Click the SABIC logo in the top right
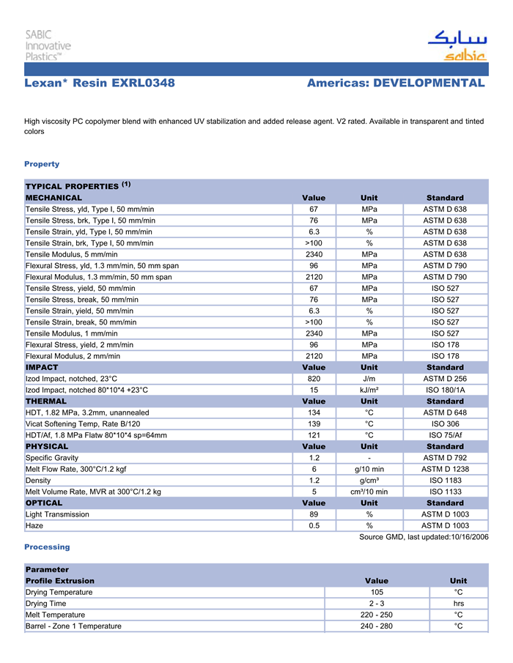[457, 46]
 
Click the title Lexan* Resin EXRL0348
[100, 84]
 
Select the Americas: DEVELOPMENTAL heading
[396, 84]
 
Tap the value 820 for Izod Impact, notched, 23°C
[314, 379]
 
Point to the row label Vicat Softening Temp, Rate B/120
[83, 424]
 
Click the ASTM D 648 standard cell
[445, 412]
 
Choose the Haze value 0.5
[314, 526]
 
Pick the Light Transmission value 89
[314, 514]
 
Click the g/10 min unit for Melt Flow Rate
[369, 469]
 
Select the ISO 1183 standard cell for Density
[445, 481]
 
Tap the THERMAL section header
[46, 401]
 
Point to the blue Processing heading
[47, 547]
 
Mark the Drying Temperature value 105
[377, 592]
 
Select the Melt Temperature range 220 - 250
[377, 615]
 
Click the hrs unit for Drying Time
[459, 604]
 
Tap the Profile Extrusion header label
[60, 581]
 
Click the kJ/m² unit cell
[369, 390]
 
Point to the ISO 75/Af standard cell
[445, 435]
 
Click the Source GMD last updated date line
[424, 537]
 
